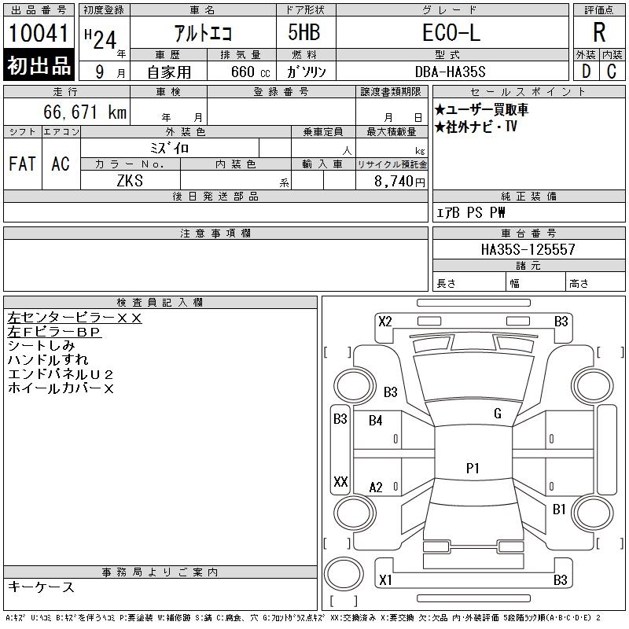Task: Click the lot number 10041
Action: [39, 33]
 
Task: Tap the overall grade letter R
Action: [599, 32]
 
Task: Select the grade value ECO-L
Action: [451, 32]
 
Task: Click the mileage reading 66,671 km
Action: [85, 112]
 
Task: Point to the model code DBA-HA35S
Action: [450, 72]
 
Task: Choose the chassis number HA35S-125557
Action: [528, 249]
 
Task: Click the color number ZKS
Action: [130, 181]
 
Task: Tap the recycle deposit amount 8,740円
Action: [399, 182]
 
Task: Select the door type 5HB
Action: [304, 32]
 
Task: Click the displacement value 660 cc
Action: [250, 72]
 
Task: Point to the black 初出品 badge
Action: [39, 65]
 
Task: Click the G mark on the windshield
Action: [498, 414]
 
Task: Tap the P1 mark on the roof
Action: [473, 468]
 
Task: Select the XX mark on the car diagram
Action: [340, 481]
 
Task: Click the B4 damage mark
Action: [376, 421]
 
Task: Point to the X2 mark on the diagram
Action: [385, 322]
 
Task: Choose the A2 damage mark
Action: [376, 487]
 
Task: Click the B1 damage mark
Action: [559, 509]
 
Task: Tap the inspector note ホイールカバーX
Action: [61, 388]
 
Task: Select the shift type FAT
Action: [23, 164]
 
